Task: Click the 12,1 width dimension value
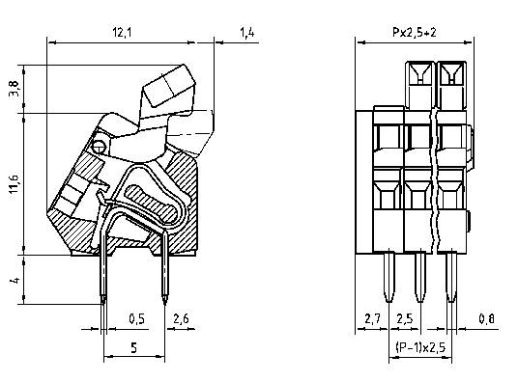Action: [122, 34]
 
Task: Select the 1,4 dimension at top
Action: [248, 34]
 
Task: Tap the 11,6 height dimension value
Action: [13, 183]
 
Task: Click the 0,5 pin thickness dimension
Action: [137, 319]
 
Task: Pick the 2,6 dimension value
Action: [180, 319]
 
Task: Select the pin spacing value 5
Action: [132, 350]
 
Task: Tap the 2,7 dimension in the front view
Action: [372, 319]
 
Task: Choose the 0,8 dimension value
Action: [489, 319]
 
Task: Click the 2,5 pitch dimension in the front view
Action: [405, 319]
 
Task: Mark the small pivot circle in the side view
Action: [99, 147]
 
